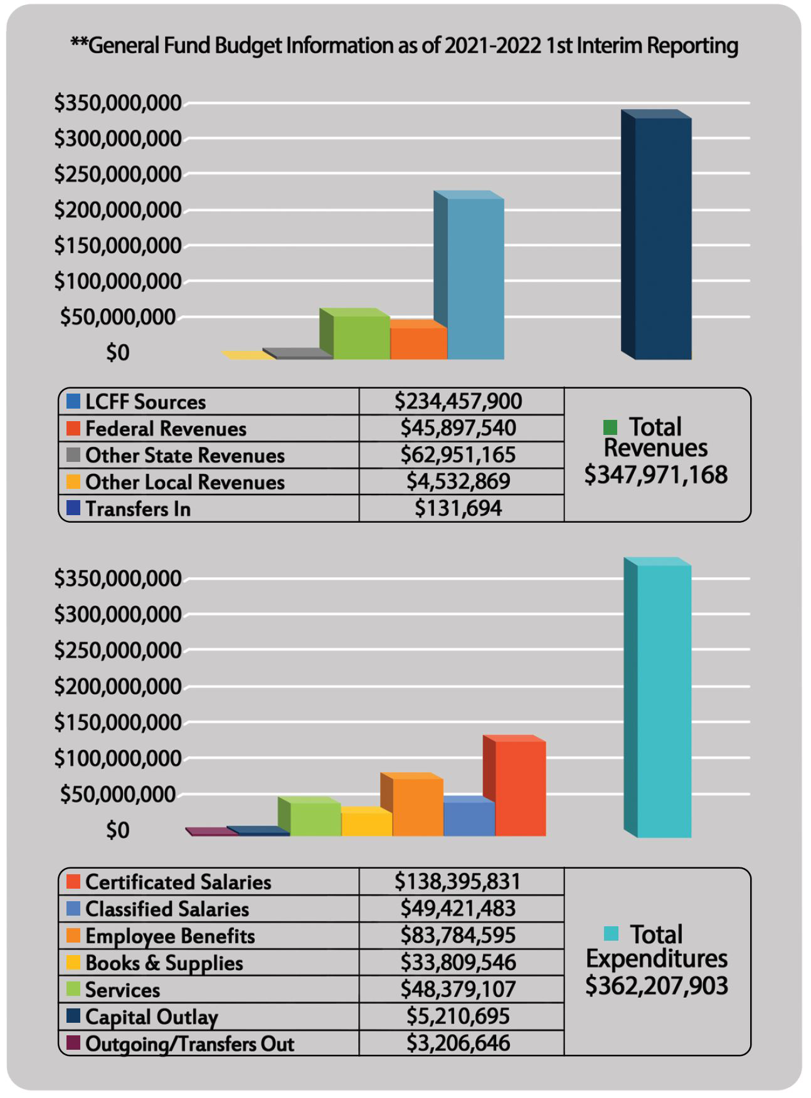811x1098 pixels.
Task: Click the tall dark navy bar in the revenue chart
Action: pos(662,238)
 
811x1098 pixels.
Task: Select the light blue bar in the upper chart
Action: pos(475,278)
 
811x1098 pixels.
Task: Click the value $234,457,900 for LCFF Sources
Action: pos(458,401)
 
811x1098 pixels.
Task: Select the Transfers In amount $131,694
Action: pos(458,508)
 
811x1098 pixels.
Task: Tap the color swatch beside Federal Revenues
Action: pos(73,429)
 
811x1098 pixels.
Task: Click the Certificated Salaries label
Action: pos(178,882)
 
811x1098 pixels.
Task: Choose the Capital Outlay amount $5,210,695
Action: pos(458,1016)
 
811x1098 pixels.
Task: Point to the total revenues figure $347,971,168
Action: pos(655,475)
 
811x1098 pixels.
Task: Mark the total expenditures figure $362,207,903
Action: pos(656,985)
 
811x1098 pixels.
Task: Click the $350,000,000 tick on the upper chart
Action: pos(118,103)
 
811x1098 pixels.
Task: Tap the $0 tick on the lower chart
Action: pos(117,830)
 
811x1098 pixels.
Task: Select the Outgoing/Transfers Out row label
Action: pos(189,1043)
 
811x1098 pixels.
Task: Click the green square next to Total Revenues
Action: pos(610,427)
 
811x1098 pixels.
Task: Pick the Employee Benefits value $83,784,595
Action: pos(458,935)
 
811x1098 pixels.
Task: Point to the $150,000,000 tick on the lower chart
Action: pos(118,723)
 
